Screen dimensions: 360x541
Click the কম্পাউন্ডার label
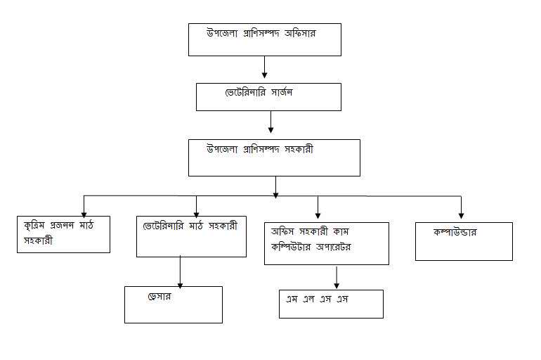point(460,231)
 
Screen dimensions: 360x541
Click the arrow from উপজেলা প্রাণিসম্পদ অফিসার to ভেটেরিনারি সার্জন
point(264,66)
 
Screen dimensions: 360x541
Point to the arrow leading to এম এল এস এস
point(337,276)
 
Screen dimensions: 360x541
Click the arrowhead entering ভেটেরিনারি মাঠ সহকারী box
point(196,212)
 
